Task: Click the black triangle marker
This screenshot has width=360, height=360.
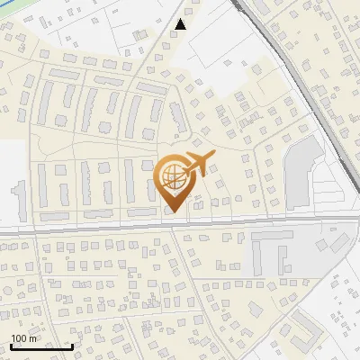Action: pos(182,24)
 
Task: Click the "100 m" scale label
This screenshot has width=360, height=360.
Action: pos(24,338)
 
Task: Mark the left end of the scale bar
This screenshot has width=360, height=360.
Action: pos(11,346)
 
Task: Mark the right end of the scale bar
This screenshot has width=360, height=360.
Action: pos(72,346)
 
